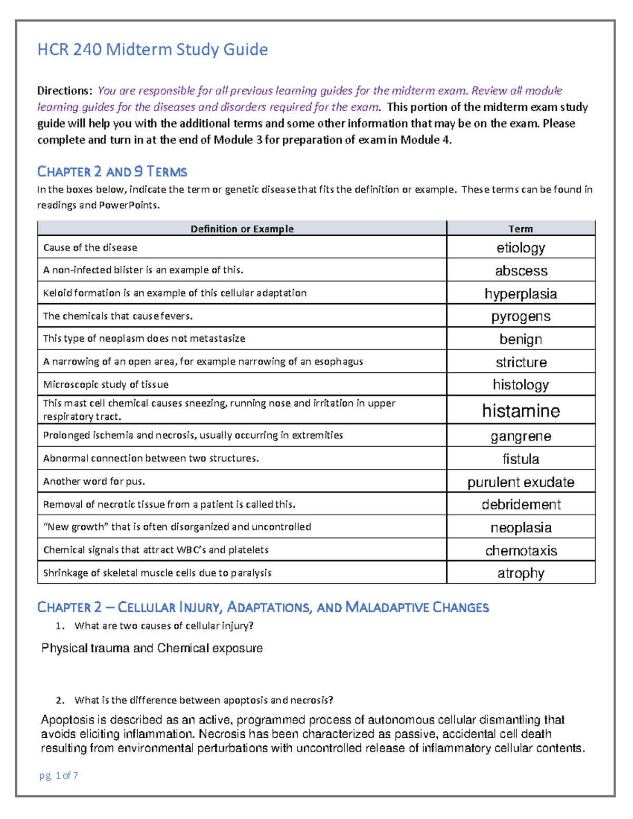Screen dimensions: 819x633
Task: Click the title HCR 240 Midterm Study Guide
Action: pos(152,50)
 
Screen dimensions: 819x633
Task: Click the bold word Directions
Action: pos(64,91)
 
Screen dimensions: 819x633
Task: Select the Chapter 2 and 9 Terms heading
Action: pos(112,172)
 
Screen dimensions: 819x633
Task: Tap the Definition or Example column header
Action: pos(242,229)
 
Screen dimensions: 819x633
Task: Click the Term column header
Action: pos(521,229)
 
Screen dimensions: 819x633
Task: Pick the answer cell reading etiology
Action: pos(521,248)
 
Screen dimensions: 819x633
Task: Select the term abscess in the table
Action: pos(521,271)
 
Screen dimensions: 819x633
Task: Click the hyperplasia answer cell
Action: pos(521,294)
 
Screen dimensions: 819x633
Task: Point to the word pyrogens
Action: pos(521,316)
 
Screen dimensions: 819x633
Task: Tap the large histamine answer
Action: pos(521,411)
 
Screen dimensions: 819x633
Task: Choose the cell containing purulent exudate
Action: pos(521,482)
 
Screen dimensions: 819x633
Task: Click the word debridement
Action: pos(521,505)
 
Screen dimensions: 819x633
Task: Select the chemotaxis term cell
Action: pos(521,551)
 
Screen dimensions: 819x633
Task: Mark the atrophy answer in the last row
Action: pos(521,573)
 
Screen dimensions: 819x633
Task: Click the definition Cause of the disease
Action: pos(90,248)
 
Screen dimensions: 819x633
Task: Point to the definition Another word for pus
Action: pos(94,481)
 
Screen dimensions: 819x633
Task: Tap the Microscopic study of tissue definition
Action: pos(106,385)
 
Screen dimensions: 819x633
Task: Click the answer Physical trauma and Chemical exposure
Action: pos(152,648)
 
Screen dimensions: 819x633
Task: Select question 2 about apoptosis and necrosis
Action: pos(204,700)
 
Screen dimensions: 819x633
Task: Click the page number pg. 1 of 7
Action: pos(59,775)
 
